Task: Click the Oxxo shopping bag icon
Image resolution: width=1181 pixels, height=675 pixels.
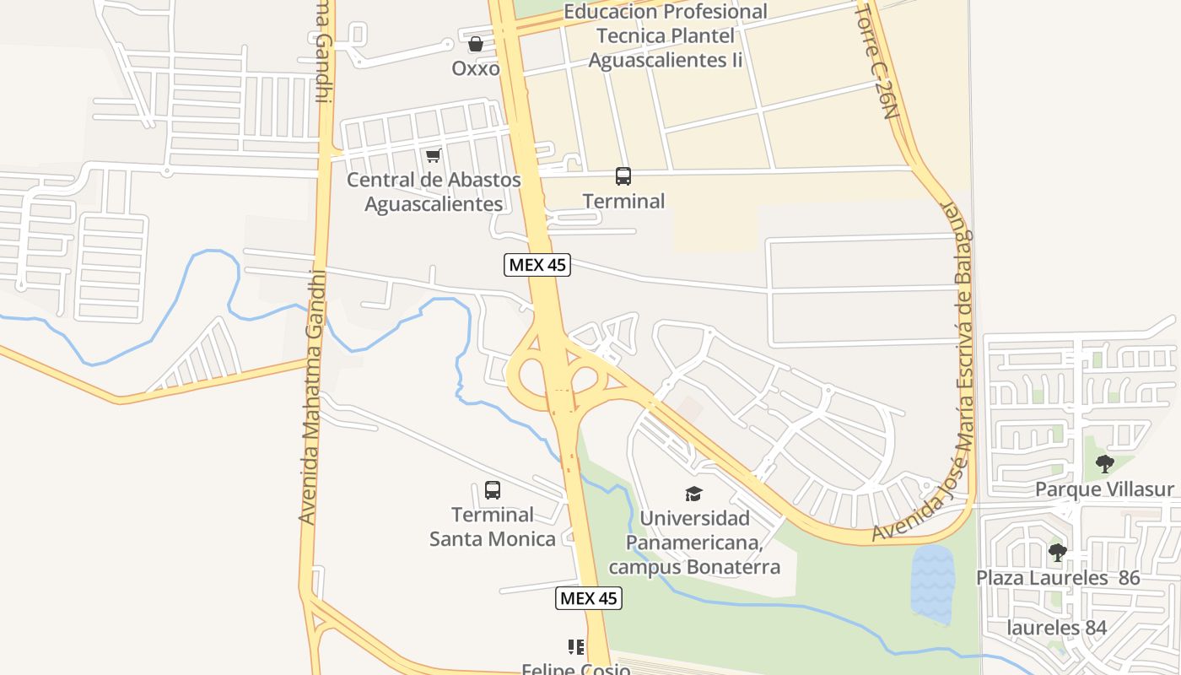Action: point(476,44)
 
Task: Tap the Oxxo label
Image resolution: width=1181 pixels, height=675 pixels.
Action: point(476,68)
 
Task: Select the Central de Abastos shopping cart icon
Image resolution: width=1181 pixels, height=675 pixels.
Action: point(434,155)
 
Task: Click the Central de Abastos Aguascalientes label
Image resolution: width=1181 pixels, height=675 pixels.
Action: point(434,192)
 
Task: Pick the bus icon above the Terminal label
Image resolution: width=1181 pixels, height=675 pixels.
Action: point(623,176)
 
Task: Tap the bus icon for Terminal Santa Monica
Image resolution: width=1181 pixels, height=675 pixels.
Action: point(493,490)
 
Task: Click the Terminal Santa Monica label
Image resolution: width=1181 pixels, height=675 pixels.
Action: point(493,526)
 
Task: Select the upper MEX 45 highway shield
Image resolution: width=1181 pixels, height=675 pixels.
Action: point(537,265)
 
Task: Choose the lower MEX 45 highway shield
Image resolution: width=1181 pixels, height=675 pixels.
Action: point(589,598)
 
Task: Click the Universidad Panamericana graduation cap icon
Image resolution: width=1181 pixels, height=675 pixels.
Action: point(693,494)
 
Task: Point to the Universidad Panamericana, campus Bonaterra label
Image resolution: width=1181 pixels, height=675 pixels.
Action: point(694,543)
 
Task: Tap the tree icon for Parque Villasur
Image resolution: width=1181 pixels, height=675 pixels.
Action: point(1104,463)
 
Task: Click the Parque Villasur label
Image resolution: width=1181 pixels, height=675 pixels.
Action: point(1104,489)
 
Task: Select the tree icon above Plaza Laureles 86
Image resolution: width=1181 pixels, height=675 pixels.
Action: point(1057,553)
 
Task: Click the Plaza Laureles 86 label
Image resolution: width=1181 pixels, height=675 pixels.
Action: point(1058,578)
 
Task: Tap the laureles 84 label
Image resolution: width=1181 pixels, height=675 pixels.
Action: point(1056,628)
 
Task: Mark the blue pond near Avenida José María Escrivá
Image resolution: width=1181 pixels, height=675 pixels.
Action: point(932,582)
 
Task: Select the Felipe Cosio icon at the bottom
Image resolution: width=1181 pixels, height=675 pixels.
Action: point(576,648)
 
